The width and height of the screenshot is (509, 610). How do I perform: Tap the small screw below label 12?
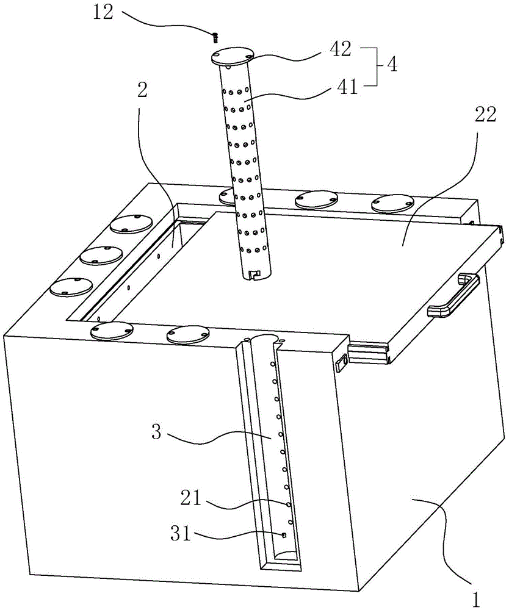point(215,37)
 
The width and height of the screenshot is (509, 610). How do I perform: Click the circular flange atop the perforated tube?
point(231,57)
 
